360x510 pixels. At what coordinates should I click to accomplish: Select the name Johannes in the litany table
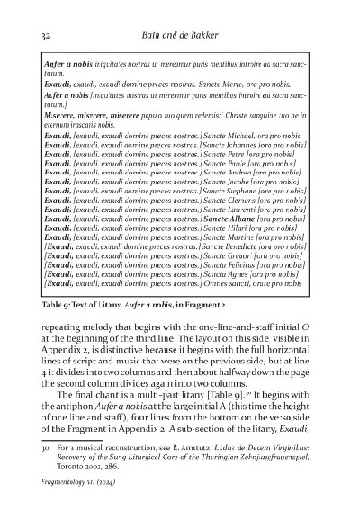238,144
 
